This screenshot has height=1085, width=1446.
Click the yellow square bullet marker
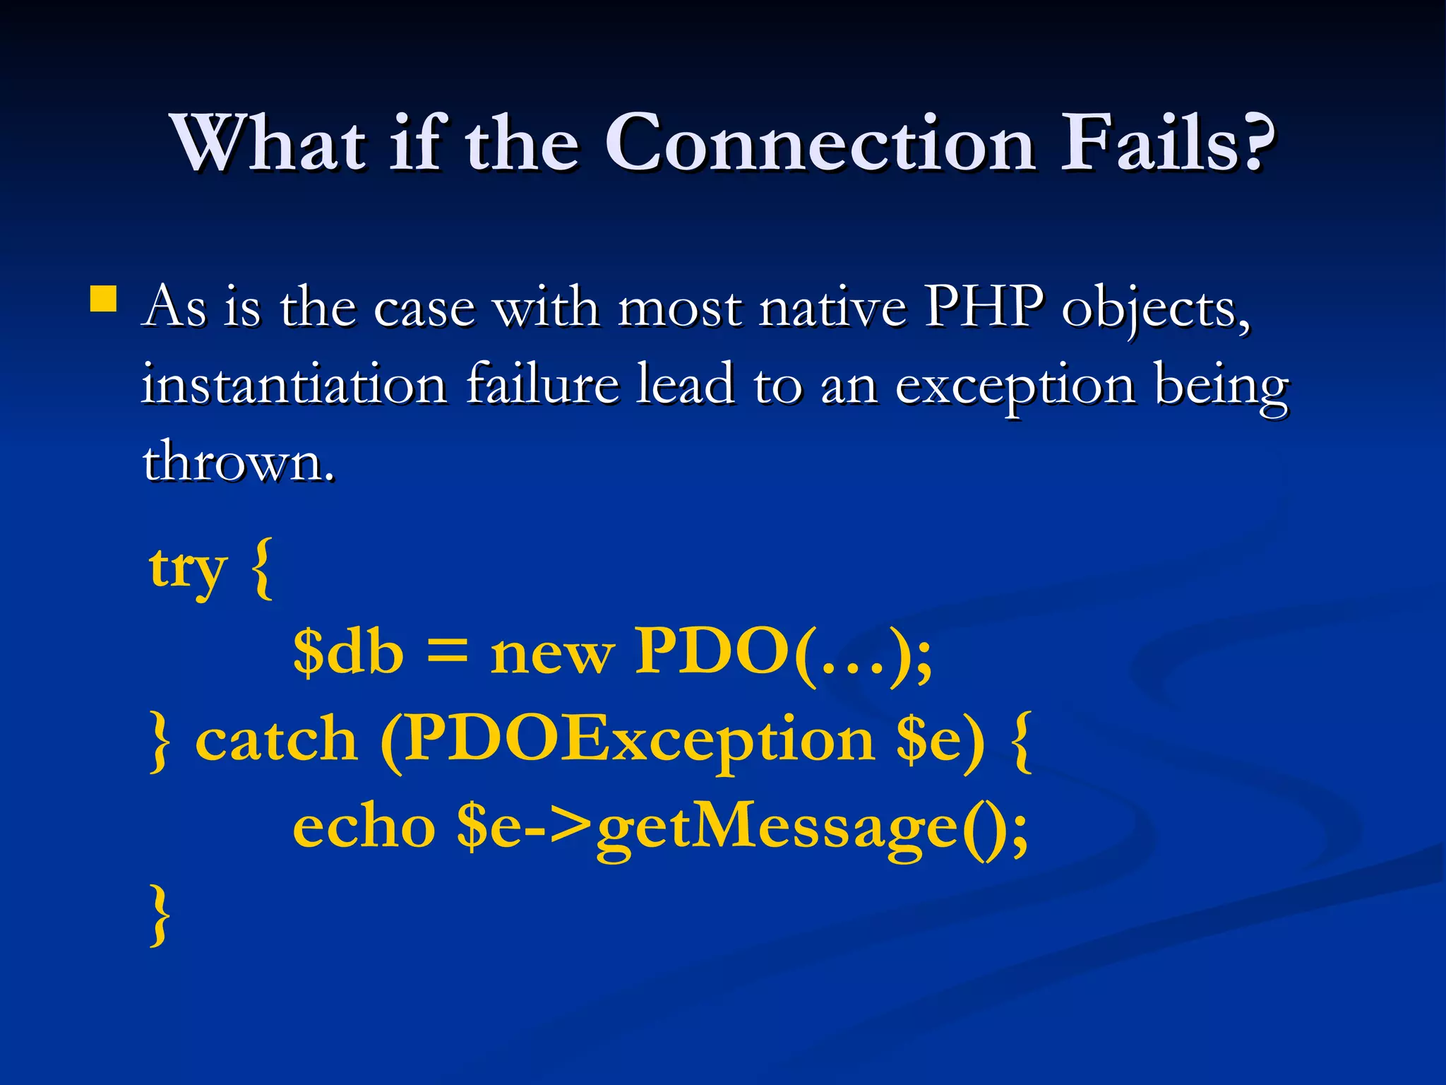(103, 299)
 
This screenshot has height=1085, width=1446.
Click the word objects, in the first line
(1156, 311)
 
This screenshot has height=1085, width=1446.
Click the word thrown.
(237, 463)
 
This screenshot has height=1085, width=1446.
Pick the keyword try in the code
(188, 569)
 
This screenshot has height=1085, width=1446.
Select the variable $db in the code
(348, 651)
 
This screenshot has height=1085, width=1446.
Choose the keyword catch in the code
(276, 740)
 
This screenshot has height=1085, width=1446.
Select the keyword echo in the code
(364, 827)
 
